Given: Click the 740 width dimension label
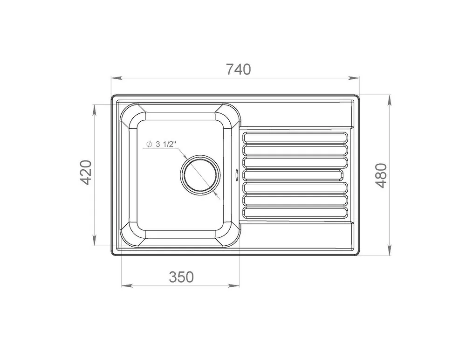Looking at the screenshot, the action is click(x=239, y=69).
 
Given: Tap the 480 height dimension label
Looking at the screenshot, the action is click(x=381, y=175).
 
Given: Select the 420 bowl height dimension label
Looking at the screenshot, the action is click(x=86, y=172).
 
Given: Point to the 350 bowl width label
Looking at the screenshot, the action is click(x=181, y=277).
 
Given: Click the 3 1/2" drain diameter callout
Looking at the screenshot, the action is click(x=161, y=145).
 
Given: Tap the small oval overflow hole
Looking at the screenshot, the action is click(x=237, y=174).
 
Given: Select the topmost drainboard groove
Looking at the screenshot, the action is click(x=295, y=137).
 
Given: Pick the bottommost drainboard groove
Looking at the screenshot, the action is click(x=295, y=213).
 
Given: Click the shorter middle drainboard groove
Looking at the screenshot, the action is click(x=293, y=175).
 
